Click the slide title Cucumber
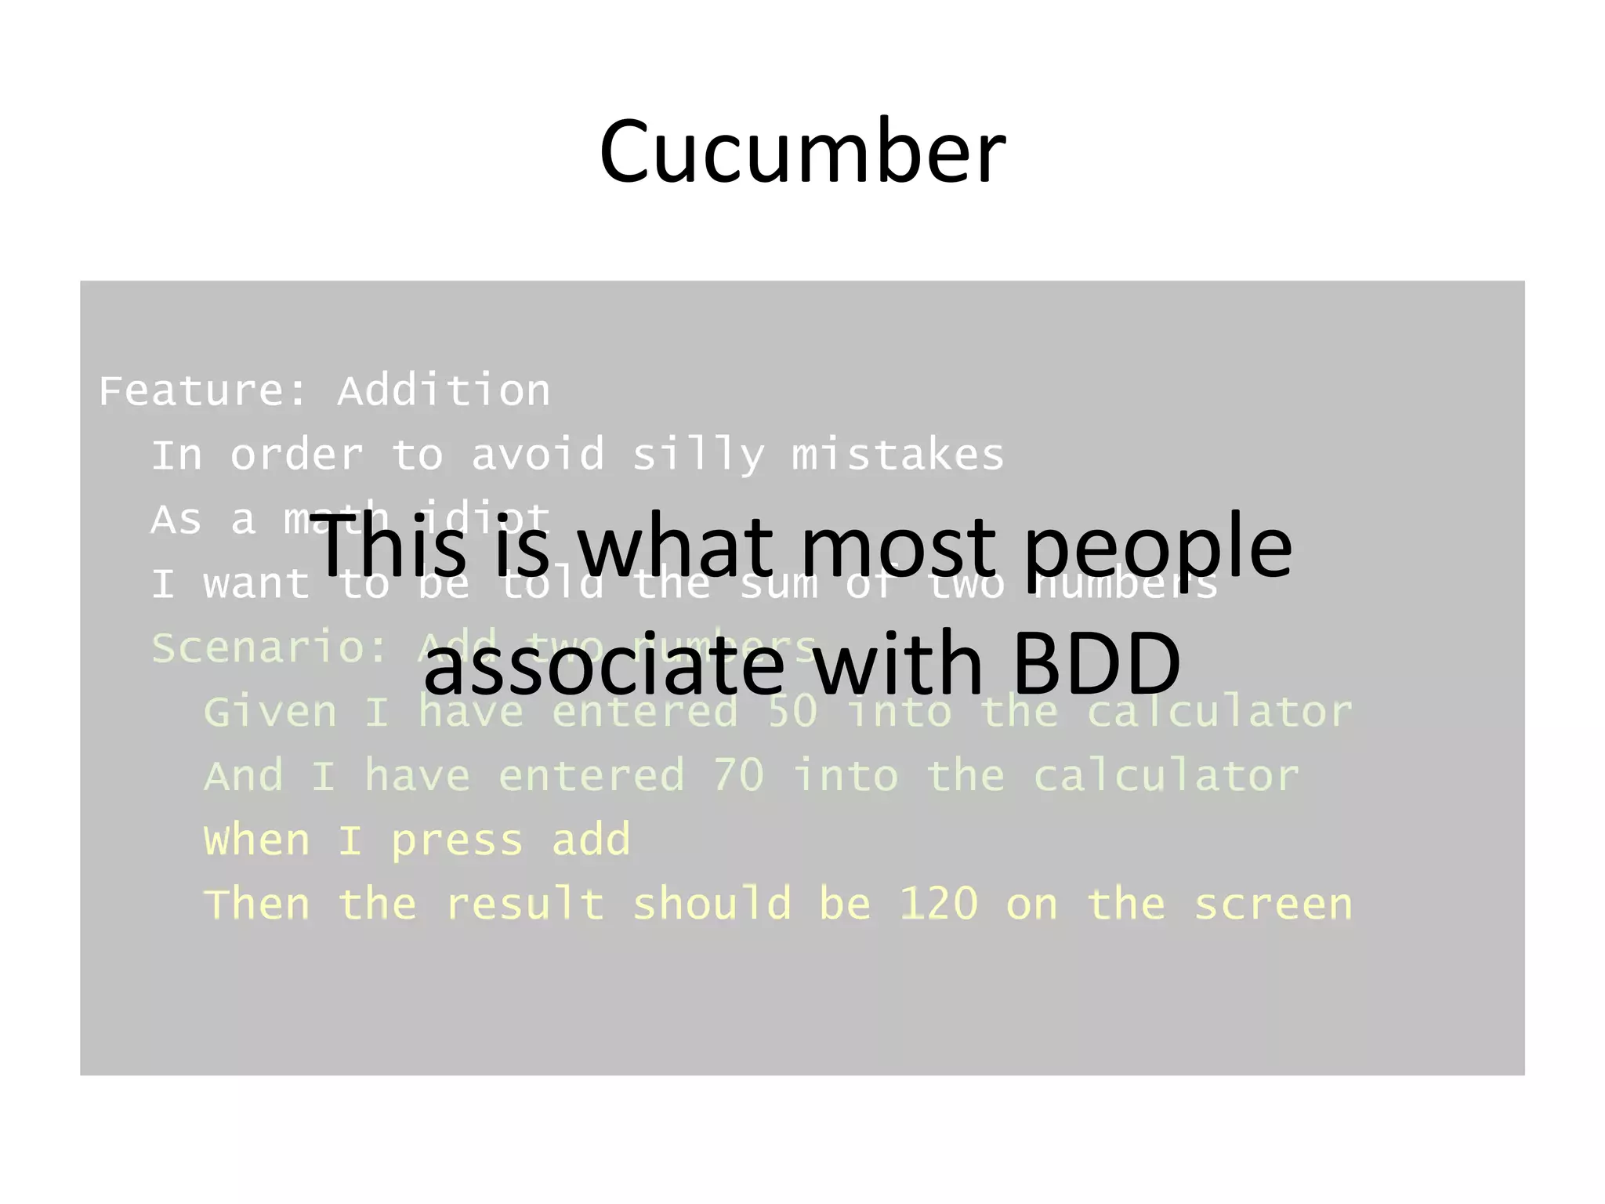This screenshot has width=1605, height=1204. (802, 150)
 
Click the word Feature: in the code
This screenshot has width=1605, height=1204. (203, 390)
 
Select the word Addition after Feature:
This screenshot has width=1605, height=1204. (444, 390)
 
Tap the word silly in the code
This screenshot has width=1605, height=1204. (697, 455)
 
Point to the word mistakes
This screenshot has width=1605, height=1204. (897, 455)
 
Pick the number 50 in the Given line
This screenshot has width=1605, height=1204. (792, 712)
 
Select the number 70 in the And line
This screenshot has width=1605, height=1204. (738, 776)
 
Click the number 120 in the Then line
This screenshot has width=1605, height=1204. (938, 904)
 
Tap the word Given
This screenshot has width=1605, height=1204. (270, 712)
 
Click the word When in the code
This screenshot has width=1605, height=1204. (257, 840)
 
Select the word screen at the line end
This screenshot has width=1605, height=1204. (1273, 904)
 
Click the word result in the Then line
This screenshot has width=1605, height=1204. (524, 904)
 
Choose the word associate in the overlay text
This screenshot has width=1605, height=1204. (603, 665)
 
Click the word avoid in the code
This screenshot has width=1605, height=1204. (538, 455)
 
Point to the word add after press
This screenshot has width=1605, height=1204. (591, 840)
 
